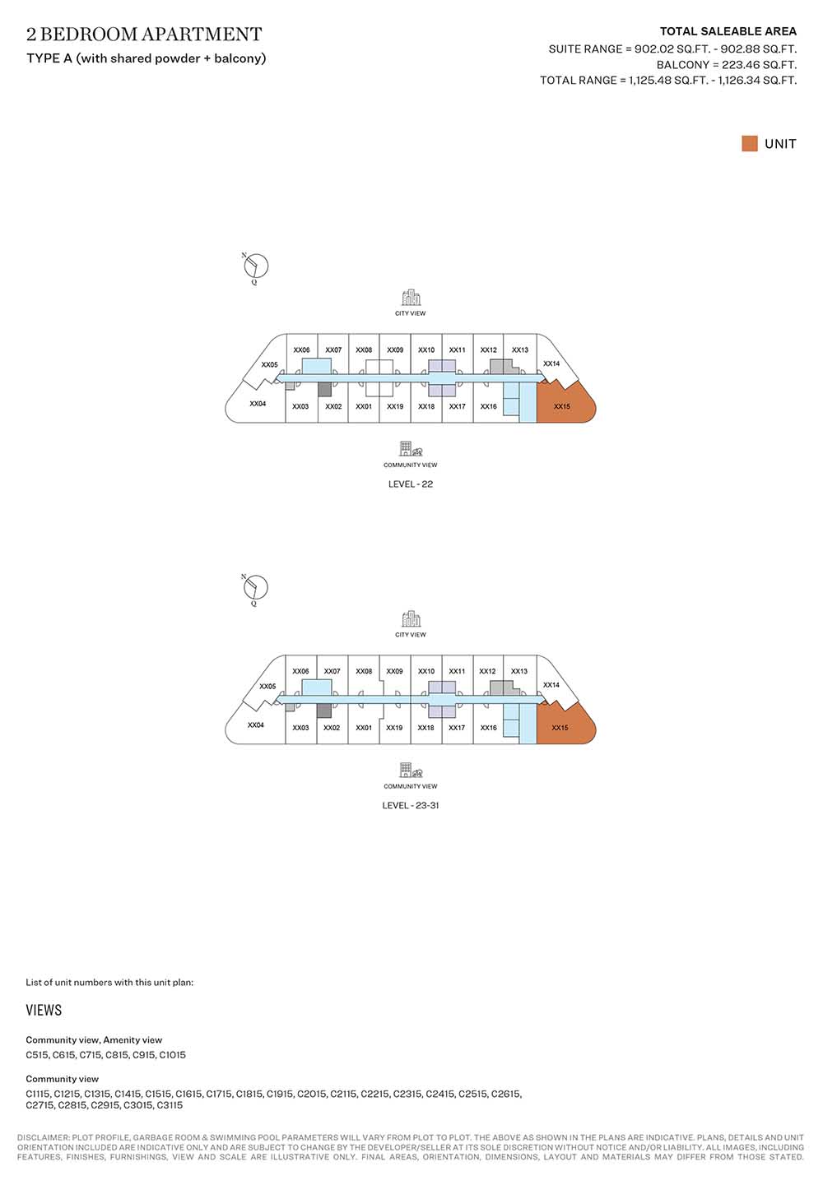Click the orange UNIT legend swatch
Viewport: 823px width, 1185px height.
pos(750,143)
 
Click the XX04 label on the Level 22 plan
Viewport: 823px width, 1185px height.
pos(258,404)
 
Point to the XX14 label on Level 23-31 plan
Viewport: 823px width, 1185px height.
pos(551,684)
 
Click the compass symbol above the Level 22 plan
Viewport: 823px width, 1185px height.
pos(255,266)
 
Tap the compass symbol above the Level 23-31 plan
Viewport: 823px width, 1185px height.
pos(255,588)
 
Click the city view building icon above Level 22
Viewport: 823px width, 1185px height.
pos(411,298)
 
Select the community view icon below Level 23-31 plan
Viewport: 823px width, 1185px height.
pos(411,771)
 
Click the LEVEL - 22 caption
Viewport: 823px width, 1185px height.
pos(411,484)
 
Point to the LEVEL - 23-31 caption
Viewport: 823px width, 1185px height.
pos(411,805)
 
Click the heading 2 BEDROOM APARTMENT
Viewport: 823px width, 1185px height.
pos(144,35)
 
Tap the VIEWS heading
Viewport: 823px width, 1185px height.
pos(44,1011)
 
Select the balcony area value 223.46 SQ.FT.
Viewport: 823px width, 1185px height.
pos(759,64)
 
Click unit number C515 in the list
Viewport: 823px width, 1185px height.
pos(37,1055)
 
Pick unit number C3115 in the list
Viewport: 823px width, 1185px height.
pos(170,1105)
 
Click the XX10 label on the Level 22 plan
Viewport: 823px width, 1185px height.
pos(426,349)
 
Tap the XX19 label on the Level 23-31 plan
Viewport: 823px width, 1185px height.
pos(394,728)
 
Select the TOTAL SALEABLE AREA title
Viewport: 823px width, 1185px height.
pos(728,31)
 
